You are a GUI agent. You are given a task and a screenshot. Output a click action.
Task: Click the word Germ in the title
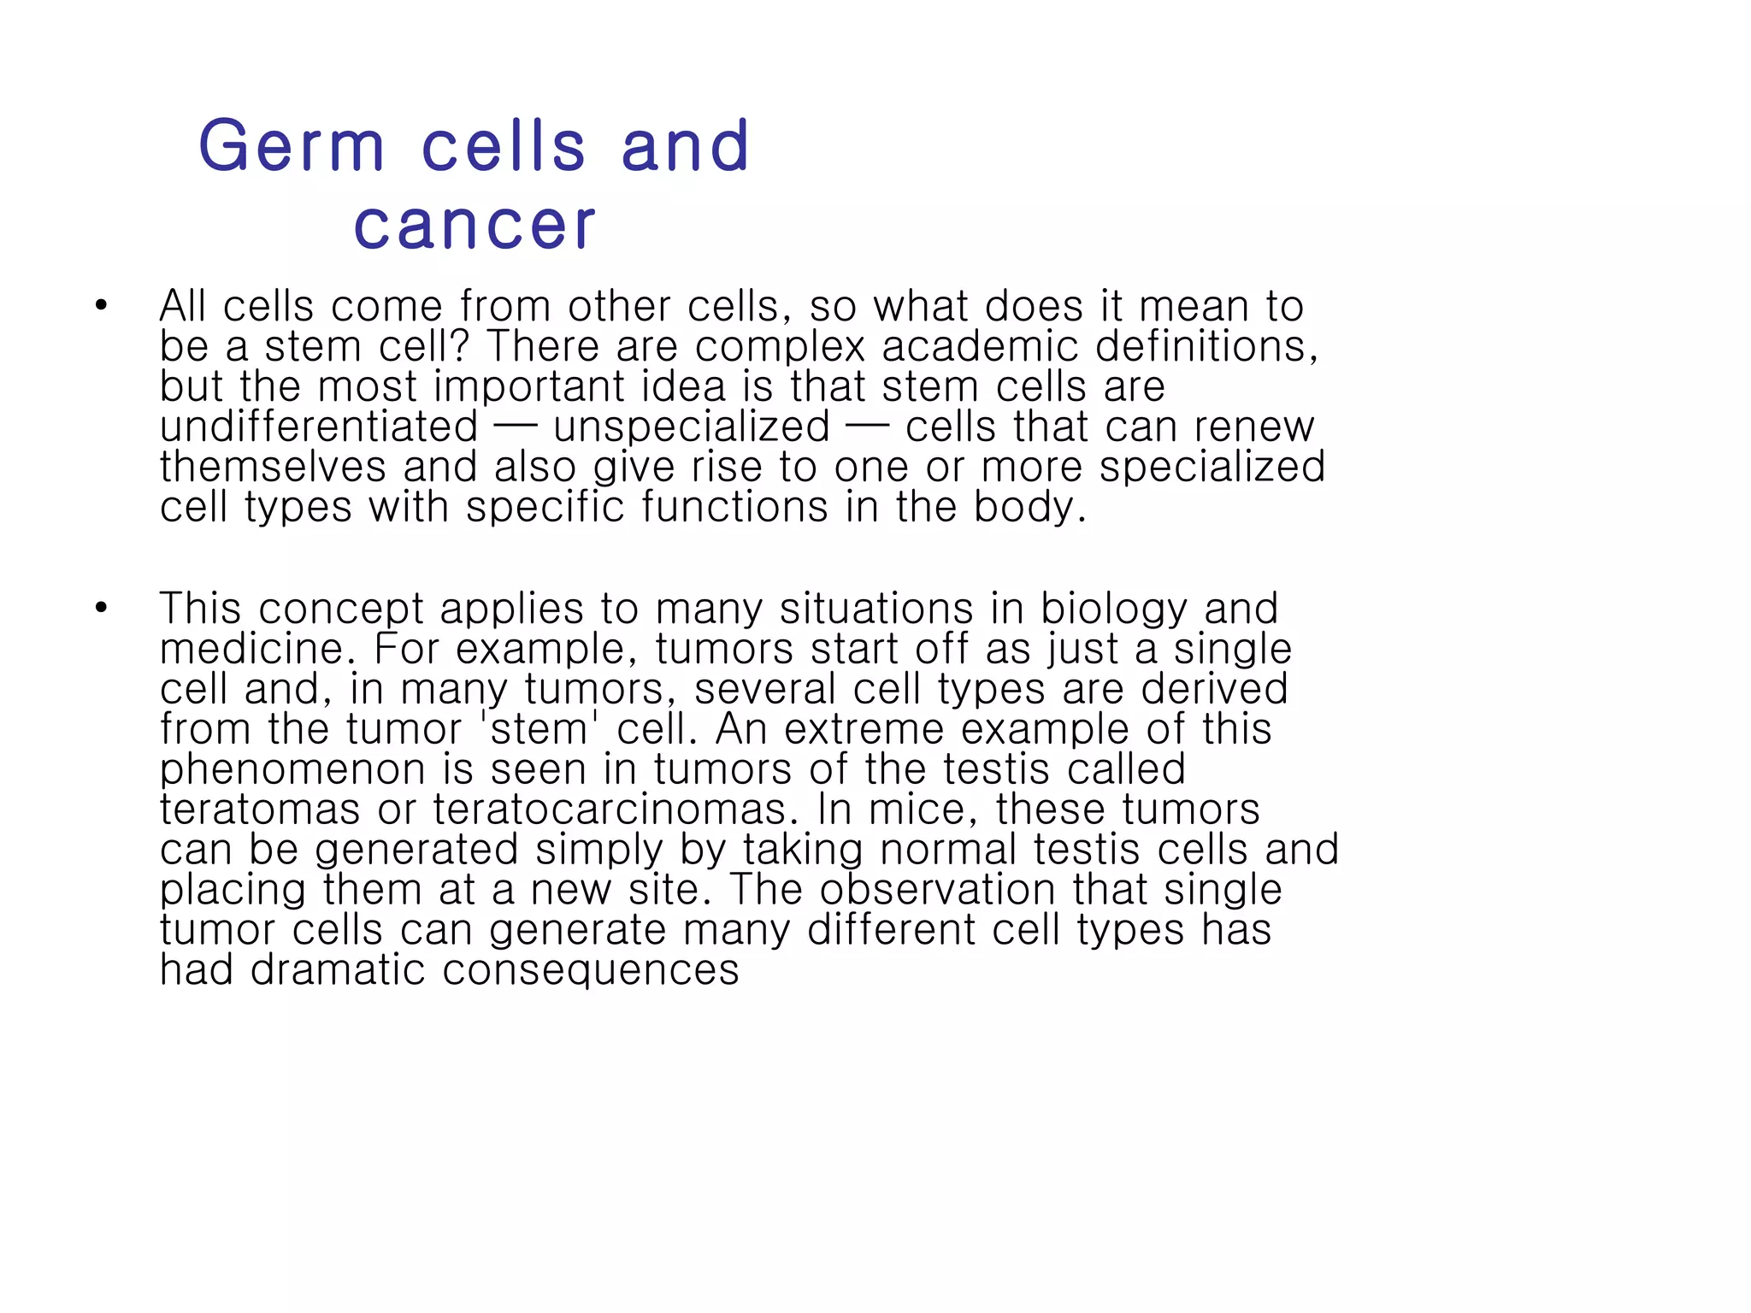(x=292, y=146)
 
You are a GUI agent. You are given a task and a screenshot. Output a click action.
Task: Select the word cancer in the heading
(x=475, y=226)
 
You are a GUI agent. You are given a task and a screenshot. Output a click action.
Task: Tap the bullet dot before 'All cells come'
(x=102, y=305)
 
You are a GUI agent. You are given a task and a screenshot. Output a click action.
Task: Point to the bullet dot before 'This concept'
(x=102, y=608)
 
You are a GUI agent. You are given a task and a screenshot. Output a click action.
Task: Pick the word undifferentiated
(x=319, y=427)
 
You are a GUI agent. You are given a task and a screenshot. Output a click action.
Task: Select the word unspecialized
(x=692, y=427)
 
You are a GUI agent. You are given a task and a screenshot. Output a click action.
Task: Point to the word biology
(x=1114, y=609)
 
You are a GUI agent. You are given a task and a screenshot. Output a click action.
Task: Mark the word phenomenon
(x=292, y=769)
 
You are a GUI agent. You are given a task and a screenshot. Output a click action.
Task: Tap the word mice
(x=918, y=810)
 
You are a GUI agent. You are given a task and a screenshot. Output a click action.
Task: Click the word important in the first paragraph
(x=529, y=386)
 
